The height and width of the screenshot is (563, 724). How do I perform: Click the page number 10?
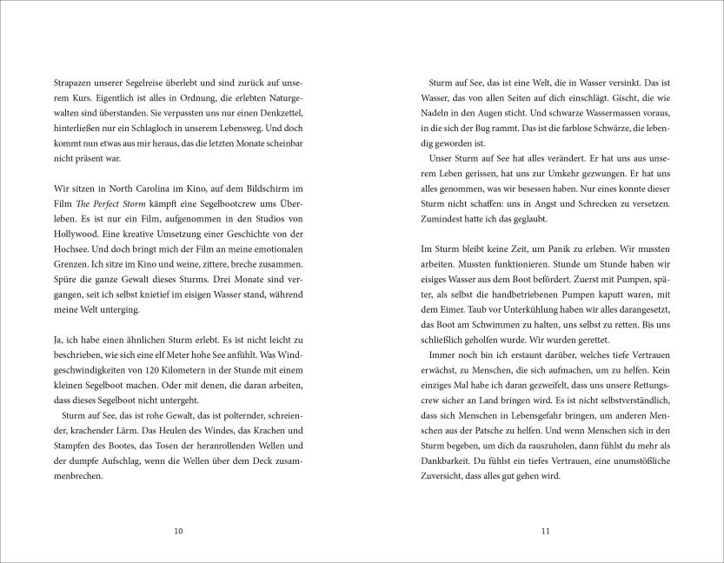[x=178, y=530]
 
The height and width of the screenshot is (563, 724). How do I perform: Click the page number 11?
[x=545, y=530]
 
